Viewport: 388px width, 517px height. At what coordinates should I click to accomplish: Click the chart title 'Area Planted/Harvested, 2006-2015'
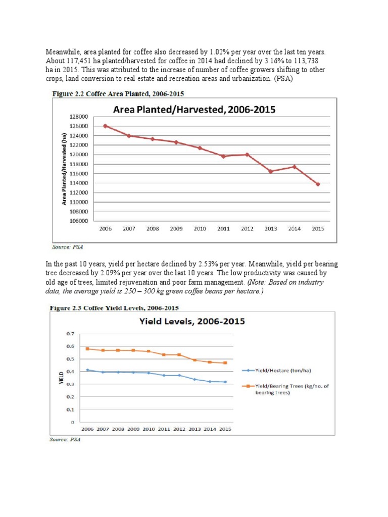coord(194,109)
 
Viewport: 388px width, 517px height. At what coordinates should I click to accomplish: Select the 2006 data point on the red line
coord(105,126)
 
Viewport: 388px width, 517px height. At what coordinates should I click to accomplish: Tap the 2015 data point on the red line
coord(318,184)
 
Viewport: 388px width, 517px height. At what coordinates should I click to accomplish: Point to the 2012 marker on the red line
coord(247,154)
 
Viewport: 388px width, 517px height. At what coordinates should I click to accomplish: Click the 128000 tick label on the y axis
coord(79,117)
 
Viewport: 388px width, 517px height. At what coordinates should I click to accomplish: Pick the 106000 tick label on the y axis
coord(79,221)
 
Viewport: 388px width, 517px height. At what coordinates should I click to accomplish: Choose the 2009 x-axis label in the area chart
coord(176,229)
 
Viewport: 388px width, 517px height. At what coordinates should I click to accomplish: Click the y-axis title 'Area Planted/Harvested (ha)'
coord(64,169)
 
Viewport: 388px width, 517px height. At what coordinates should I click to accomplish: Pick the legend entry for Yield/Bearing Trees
coord(288,390)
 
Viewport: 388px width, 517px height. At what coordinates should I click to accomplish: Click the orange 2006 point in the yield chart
coord(88,349)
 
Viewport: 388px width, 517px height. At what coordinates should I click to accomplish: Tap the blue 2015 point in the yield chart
coord(225,382)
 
